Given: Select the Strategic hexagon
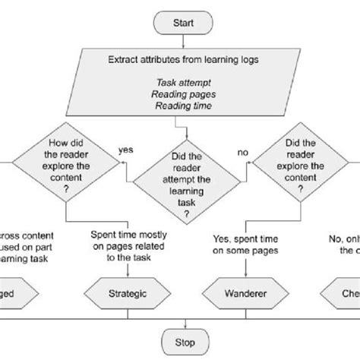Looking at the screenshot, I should [x=125, y=293].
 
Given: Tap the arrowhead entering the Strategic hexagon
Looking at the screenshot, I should [x=125, y=277].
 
